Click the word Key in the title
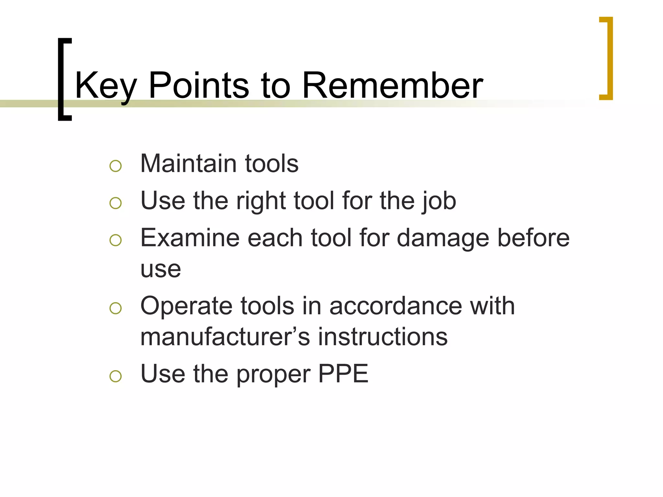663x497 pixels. point(106,86)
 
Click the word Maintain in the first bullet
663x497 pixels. point(188,163)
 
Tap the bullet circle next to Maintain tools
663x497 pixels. point(116,166)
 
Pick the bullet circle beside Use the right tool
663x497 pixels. point(116,203)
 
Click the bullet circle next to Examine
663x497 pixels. point(116,240)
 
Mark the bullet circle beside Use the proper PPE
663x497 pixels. point(116,376)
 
